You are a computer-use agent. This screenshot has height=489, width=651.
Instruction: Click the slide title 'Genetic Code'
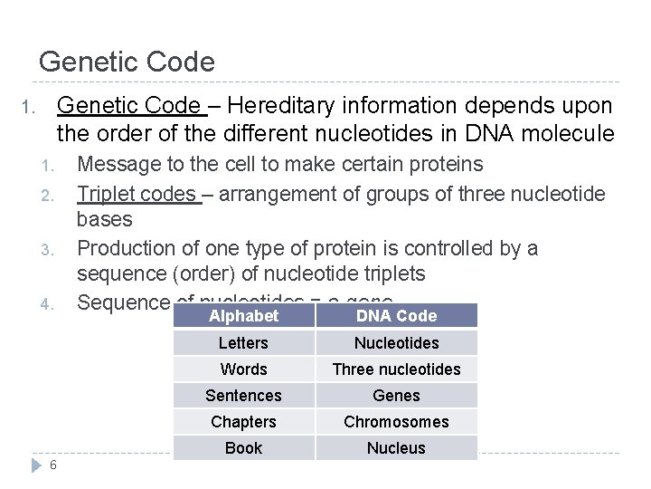127,62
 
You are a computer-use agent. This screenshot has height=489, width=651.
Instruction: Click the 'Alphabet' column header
243,316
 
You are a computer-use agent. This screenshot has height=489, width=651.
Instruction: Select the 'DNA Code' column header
396,316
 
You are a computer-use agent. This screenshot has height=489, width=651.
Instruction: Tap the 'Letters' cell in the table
243,343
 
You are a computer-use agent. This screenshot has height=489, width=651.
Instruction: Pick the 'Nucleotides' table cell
396,343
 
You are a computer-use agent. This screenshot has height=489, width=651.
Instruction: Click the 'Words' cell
243,369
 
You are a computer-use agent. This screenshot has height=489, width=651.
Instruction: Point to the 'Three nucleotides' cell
396,369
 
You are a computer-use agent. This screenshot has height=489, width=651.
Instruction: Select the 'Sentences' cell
243,396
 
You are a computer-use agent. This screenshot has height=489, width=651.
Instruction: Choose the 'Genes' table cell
396,396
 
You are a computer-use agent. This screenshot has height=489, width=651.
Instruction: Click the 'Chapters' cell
243,422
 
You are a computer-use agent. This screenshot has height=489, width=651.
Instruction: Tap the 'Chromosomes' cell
396,422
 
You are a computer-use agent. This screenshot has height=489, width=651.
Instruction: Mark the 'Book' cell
243,448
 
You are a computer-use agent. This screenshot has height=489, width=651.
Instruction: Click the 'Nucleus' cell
396,448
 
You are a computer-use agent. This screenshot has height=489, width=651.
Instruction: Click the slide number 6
54,465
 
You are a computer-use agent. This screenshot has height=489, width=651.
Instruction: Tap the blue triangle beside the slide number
37,465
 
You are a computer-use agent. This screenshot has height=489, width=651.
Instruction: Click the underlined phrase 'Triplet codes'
137,194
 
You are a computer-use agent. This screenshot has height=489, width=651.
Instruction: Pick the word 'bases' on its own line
105,220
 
